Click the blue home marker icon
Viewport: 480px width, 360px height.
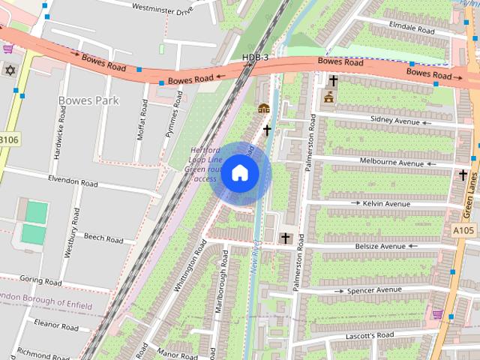tap(239, 173)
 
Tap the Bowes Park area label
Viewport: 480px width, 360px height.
tap(88, 100)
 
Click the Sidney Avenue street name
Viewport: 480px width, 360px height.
tap(395, 120)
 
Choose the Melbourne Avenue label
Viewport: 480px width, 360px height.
tap(391, 162)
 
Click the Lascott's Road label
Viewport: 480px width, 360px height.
tap(369, 334)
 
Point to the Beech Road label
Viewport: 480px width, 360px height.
tap(103, 238)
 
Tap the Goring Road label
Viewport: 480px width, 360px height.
tap(41, 282)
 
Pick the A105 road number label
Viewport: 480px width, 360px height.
tap(463, 230)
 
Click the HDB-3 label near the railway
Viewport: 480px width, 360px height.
tap(256, 58)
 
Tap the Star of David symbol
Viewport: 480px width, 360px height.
tap(10, 70)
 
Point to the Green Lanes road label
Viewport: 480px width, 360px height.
tap(472, 189)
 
